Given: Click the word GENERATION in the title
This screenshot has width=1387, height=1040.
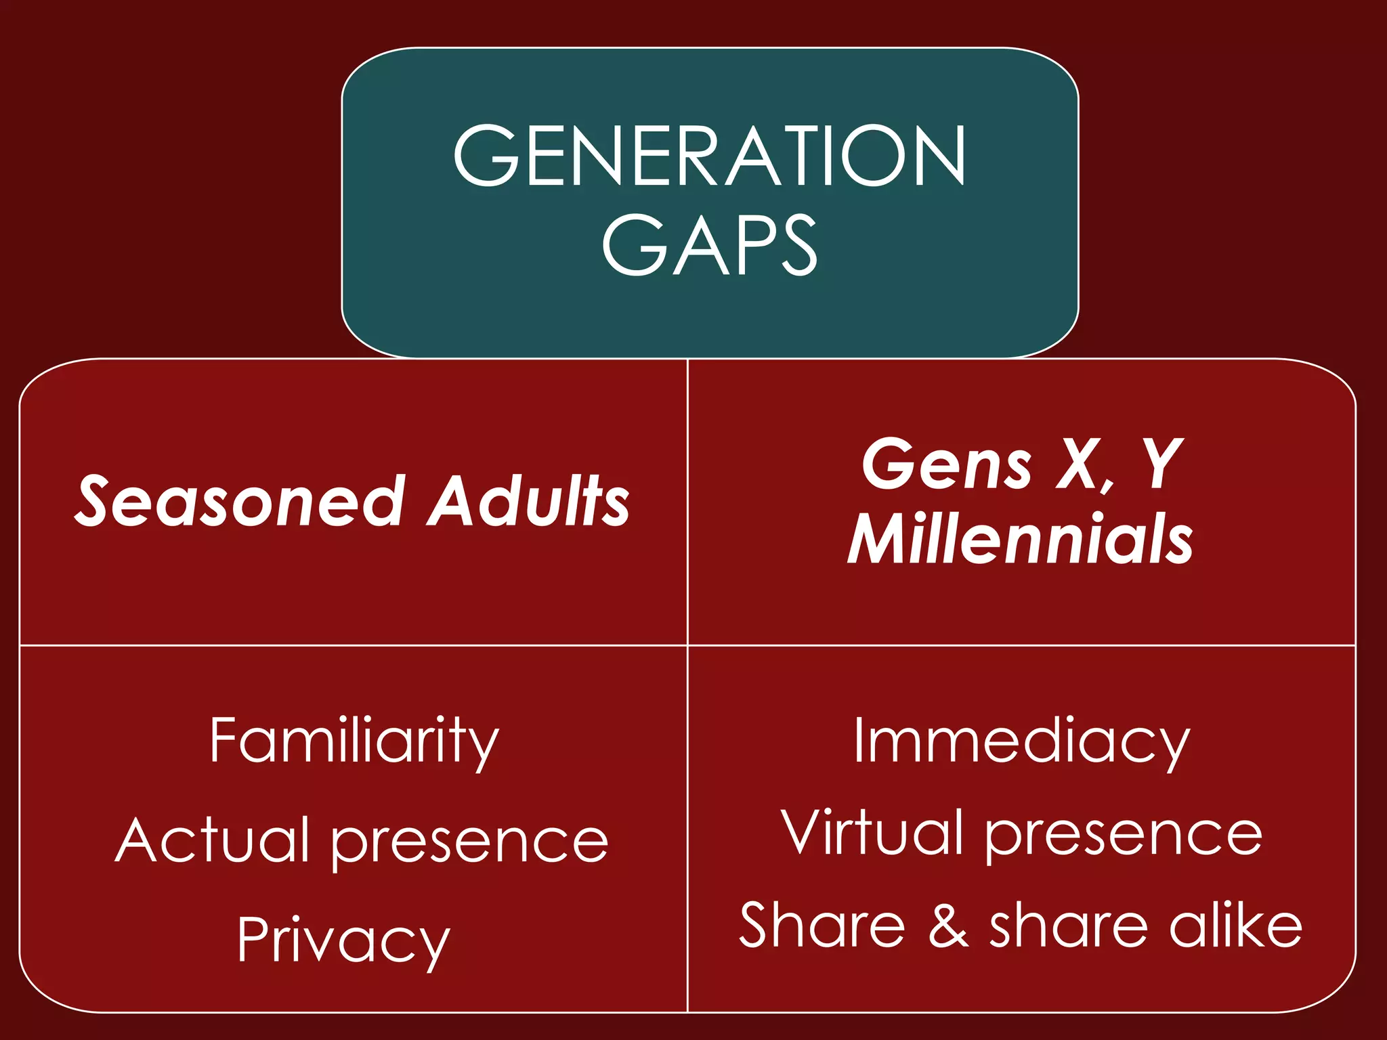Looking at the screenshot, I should point(709,156).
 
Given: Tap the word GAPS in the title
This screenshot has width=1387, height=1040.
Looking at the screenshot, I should point(709,244).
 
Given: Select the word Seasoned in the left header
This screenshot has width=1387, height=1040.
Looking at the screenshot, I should point(240,501).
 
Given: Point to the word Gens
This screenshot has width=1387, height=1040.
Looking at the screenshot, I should point(946,464).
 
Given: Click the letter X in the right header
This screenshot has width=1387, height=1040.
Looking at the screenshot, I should point(1079,464).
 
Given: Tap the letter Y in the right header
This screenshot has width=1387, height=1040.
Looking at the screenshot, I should point(1159,464).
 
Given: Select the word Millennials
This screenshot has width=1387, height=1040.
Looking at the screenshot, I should point(1020,539).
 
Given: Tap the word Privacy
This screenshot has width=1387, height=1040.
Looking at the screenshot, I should point(343,941).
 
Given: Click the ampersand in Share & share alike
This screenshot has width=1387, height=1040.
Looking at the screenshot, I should point(948,926).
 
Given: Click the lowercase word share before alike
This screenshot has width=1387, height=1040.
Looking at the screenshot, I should point(1069,926).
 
